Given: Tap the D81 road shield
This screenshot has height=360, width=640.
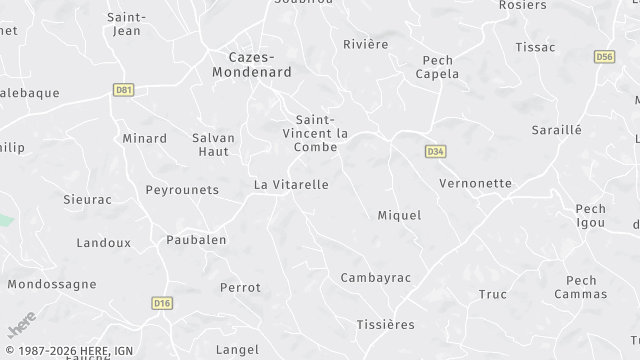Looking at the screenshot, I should pyautogui.click(x=124, y=90).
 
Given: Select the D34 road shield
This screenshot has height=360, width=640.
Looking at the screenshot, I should pyautogui.click(x=434, y=151).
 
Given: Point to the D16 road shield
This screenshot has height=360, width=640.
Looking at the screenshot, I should pyautogui.click(x=161, y=302).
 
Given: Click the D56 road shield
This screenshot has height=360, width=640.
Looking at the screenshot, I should pyautogui.click(x=603, y=57).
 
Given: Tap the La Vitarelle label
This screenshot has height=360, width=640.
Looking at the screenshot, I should pyautogui.click(x=291, y=184).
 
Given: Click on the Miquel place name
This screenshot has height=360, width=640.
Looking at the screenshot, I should pyautogui.click(x=399, y=215).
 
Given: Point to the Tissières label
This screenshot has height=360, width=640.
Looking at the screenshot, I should pyautogui.click(x=385, y=325).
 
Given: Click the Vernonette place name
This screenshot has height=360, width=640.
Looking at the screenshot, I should pyautogui.click(x=475, y=184).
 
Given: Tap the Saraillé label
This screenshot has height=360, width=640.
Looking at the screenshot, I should pyautogui.click(x=557, y=131).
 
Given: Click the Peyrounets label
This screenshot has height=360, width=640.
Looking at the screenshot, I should pyautogui.click(x=181, y=189).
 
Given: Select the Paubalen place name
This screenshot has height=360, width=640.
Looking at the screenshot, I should pyautogui.click(x=196, y=240).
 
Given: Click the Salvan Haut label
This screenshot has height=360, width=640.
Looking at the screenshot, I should pyautogui.click(x=213, y=145).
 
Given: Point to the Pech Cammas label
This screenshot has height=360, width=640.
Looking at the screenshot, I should pyautogui.click(x=581, y=287).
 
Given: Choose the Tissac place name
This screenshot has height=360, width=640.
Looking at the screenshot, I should pyautogui.click(x=534, y=47).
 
